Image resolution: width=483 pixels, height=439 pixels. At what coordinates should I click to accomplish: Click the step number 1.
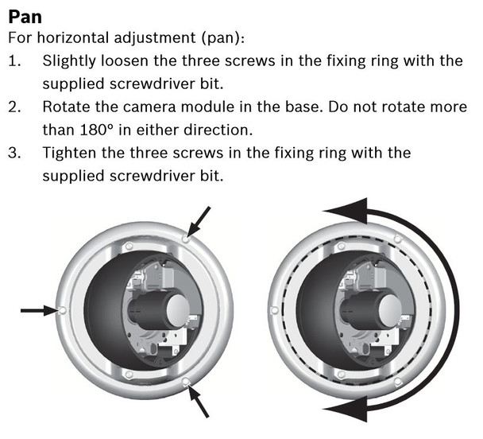pyautogui.click(x=14, y=60)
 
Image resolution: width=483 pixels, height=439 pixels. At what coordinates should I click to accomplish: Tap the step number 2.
pyautogui.click(x=14, y=107)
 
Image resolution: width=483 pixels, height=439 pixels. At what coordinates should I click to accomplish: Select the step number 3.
pyautogui.click(x=14, y=152)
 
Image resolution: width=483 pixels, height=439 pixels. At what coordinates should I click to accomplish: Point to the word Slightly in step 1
pyautogui.click(x=71, y=60)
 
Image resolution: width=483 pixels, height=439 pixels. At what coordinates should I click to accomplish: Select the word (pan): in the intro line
pyautogui.click(x=204, y=37)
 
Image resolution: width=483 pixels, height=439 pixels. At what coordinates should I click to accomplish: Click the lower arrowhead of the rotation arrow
pyautogui.click(x=342, y=410)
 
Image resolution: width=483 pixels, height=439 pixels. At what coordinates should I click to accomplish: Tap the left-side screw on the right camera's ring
pyautogui.click(x=274, y=310)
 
